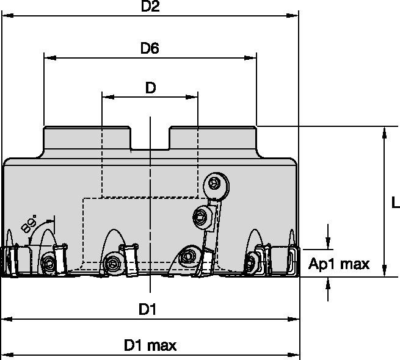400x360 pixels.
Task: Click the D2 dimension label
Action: point(150,7)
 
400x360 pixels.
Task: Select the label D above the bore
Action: point(150,88)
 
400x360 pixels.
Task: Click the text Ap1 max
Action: point(347,264)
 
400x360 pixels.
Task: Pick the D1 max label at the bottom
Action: point(150,345)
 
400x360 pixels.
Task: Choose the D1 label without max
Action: point(147,310)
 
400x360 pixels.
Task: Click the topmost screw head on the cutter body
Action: point(214,182)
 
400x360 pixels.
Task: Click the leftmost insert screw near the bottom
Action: point(49,263)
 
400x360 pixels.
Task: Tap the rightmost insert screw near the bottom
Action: point(250,263)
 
